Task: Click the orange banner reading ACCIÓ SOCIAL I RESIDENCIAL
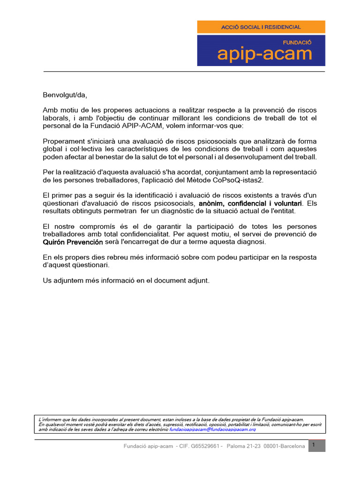point(261,27)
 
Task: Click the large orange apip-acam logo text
point(264,54)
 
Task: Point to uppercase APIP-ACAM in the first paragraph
point(141,127)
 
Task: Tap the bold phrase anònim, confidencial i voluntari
point(250,203)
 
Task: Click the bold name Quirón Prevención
point(73,242)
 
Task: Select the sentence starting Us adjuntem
point(127,280)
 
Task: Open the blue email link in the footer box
point(212,429)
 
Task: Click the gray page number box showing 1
point(316,445)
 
